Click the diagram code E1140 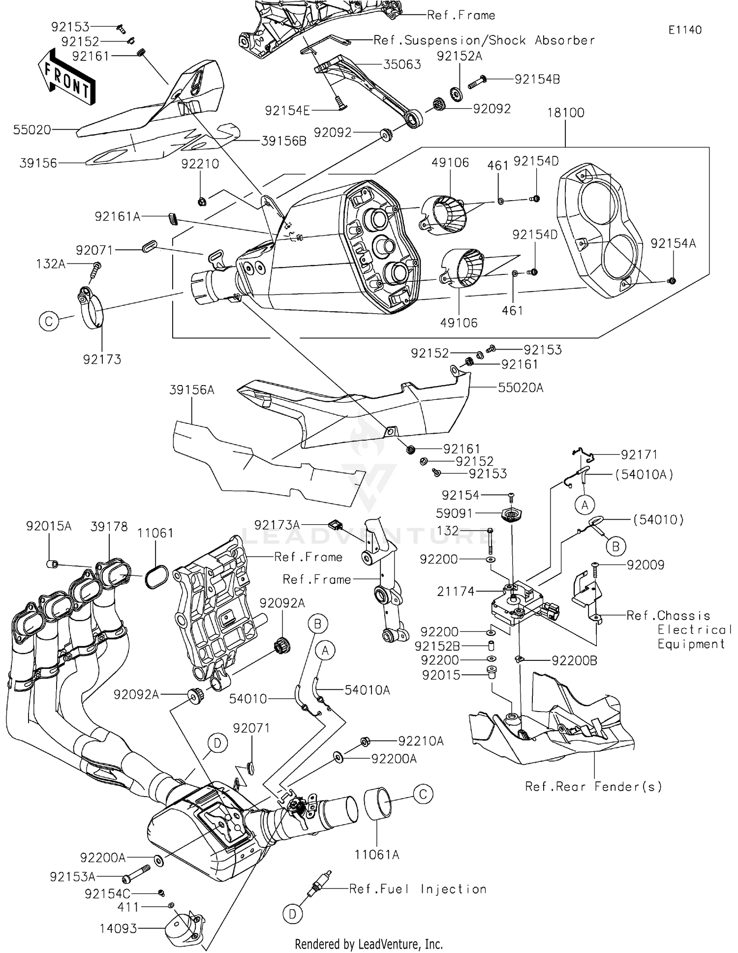pyautogui.click(x=684, y=30)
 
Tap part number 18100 pyautogui.click(x=565, y=113)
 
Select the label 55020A pyautogui.click(x=520, y=388)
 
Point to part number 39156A pyautogui.click(x=192, y=390)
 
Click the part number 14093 pyautogui.click(x=118, y=928)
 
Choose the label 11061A pyautogui.click(x=377, y=855)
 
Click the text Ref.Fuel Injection pyautogui.click(x=418, y=889)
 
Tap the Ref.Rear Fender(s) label pyautogui.click(x=593, y=787)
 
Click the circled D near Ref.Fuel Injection pyautogui.click(x=293, y=914)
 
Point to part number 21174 pyautogui.click(x=456, y=591)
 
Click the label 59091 pyautogui.click(x=454, y=513)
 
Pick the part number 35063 pyautogui.click(x=402, y=64)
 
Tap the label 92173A pyautogui.click(x=277, y=525)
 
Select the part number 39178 pyautogui.click(x=109, y=527)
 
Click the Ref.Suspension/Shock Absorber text pyautogui.click(x=484, y=40)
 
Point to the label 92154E pyautogui.click(x=287, y=111)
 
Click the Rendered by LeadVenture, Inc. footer pyautogui.click(x=369, y=944)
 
